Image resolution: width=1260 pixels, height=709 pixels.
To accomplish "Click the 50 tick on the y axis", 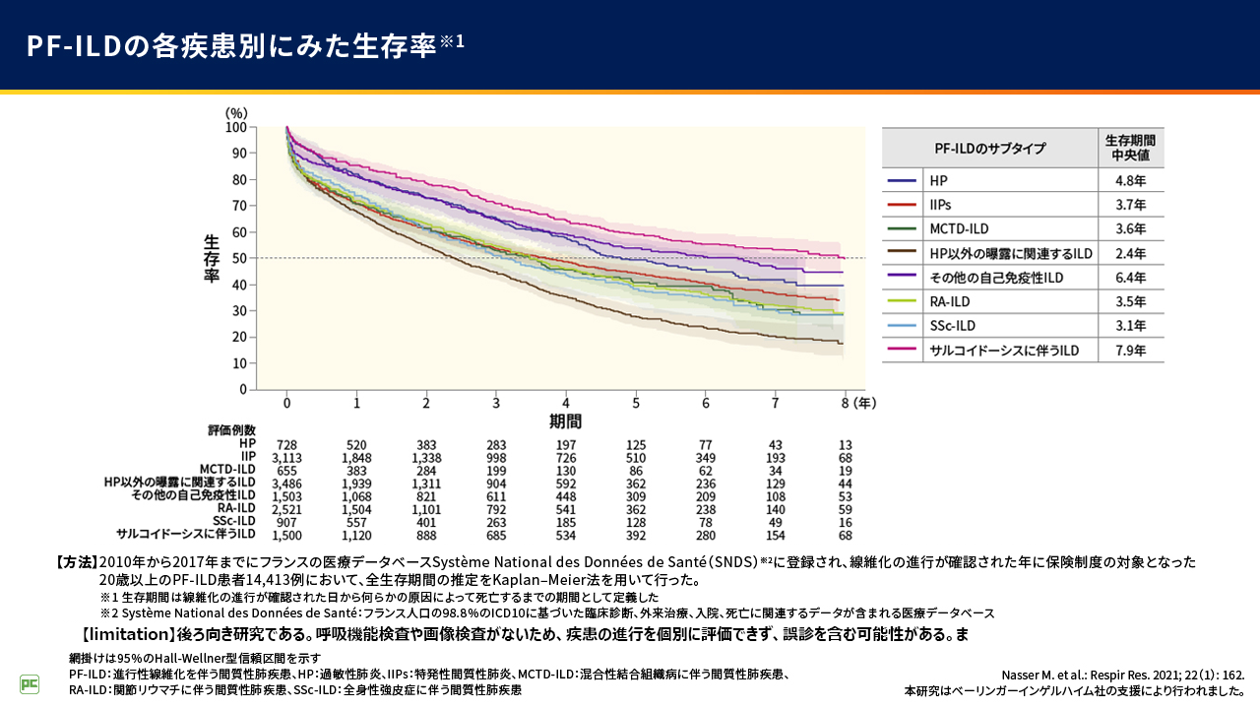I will pos(238,258).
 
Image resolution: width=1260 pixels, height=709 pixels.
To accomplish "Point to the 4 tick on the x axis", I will pos(566,403).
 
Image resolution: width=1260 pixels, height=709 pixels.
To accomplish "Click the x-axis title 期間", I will pos(565,421).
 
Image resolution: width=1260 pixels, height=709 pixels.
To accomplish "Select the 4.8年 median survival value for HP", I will pos(1131,181).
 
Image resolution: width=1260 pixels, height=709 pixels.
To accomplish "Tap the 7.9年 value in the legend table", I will pos(1131,351).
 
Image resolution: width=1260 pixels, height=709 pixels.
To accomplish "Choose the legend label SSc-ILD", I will pos(951,326).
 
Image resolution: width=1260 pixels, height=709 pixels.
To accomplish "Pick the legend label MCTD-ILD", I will pos(959,229).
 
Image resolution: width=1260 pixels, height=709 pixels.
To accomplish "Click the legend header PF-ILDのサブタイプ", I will pos(989,149).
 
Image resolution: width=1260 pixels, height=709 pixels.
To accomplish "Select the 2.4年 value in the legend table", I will pos(1131,253).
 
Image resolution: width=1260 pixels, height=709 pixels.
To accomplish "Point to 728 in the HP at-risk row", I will pos(287,445).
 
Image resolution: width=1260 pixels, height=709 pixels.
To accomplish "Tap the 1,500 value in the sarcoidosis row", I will pos(287,534).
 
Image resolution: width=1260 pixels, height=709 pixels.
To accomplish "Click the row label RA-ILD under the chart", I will pos(236,508).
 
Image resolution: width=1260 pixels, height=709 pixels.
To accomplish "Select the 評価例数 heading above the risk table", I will pos(231,430).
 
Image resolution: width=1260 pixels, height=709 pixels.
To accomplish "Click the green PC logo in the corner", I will pos(30,683).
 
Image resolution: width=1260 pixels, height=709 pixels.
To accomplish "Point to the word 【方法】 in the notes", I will pos(77,562).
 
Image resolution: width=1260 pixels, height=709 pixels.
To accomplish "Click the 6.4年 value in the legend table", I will pos(1131,278).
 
